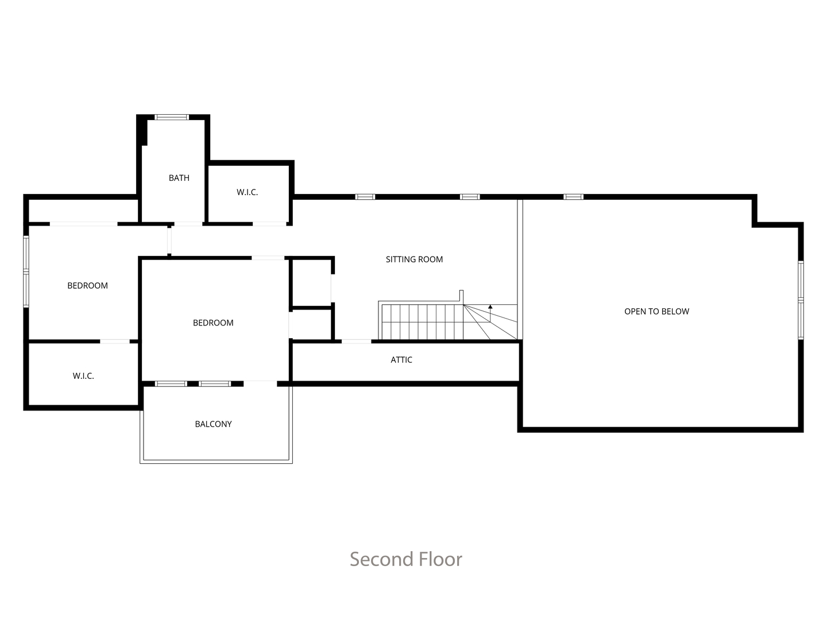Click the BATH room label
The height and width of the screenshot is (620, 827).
179,178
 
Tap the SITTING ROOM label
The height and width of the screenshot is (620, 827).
414,259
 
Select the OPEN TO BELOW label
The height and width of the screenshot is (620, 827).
656,312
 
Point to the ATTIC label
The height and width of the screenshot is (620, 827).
401,360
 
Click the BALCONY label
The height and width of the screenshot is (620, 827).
213,424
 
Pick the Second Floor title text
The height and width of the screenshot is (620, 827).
406,559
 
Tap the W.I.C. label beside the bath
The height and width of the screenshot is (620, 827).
247,192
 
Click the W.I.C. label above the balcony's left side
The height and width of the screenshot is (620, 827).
83,376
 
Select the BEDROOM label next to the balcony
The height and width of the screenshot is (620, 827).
213,323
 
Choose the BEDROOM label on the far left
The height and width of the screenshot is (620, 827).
87,286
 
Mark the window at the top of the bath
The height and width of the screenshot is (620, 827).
172,117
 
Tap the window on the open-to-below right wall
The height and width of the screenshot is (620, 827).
801,300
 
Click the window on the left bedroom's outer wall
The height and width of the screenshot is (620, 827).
26,272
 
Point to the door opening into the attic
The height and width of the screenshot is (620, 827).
356,342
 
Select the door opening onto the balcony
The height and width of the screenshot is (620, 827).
260,383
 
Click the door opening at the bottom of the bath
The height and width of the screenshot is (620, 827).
188,224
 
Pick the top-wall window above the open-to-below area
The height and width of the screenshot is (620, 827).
573,197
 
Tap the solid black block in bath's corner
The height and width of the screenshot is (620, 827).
142,130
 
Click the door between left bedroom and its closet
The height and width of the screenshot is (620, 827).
115,342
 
